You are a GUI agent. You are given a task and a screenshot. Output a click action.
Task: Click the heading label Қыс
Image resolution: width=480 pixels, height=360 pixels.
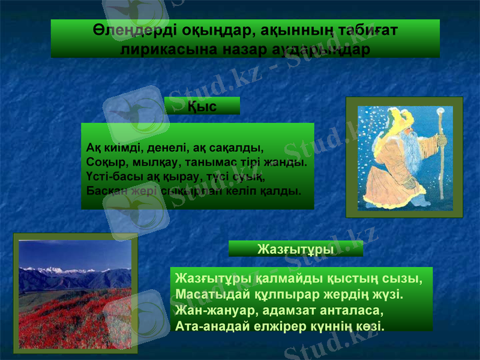pyautogui.click(x=202, y=106)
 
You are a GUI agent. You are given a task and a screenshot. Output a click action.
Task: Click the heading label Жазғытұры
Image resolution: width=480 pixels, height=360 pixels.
pyautogui.click(x=296, y=248)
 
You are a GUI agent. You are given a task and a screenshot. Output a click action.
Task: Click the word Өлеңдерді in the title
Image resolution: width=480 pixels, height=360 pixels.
pyautogui.click(x=126, y=30)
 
